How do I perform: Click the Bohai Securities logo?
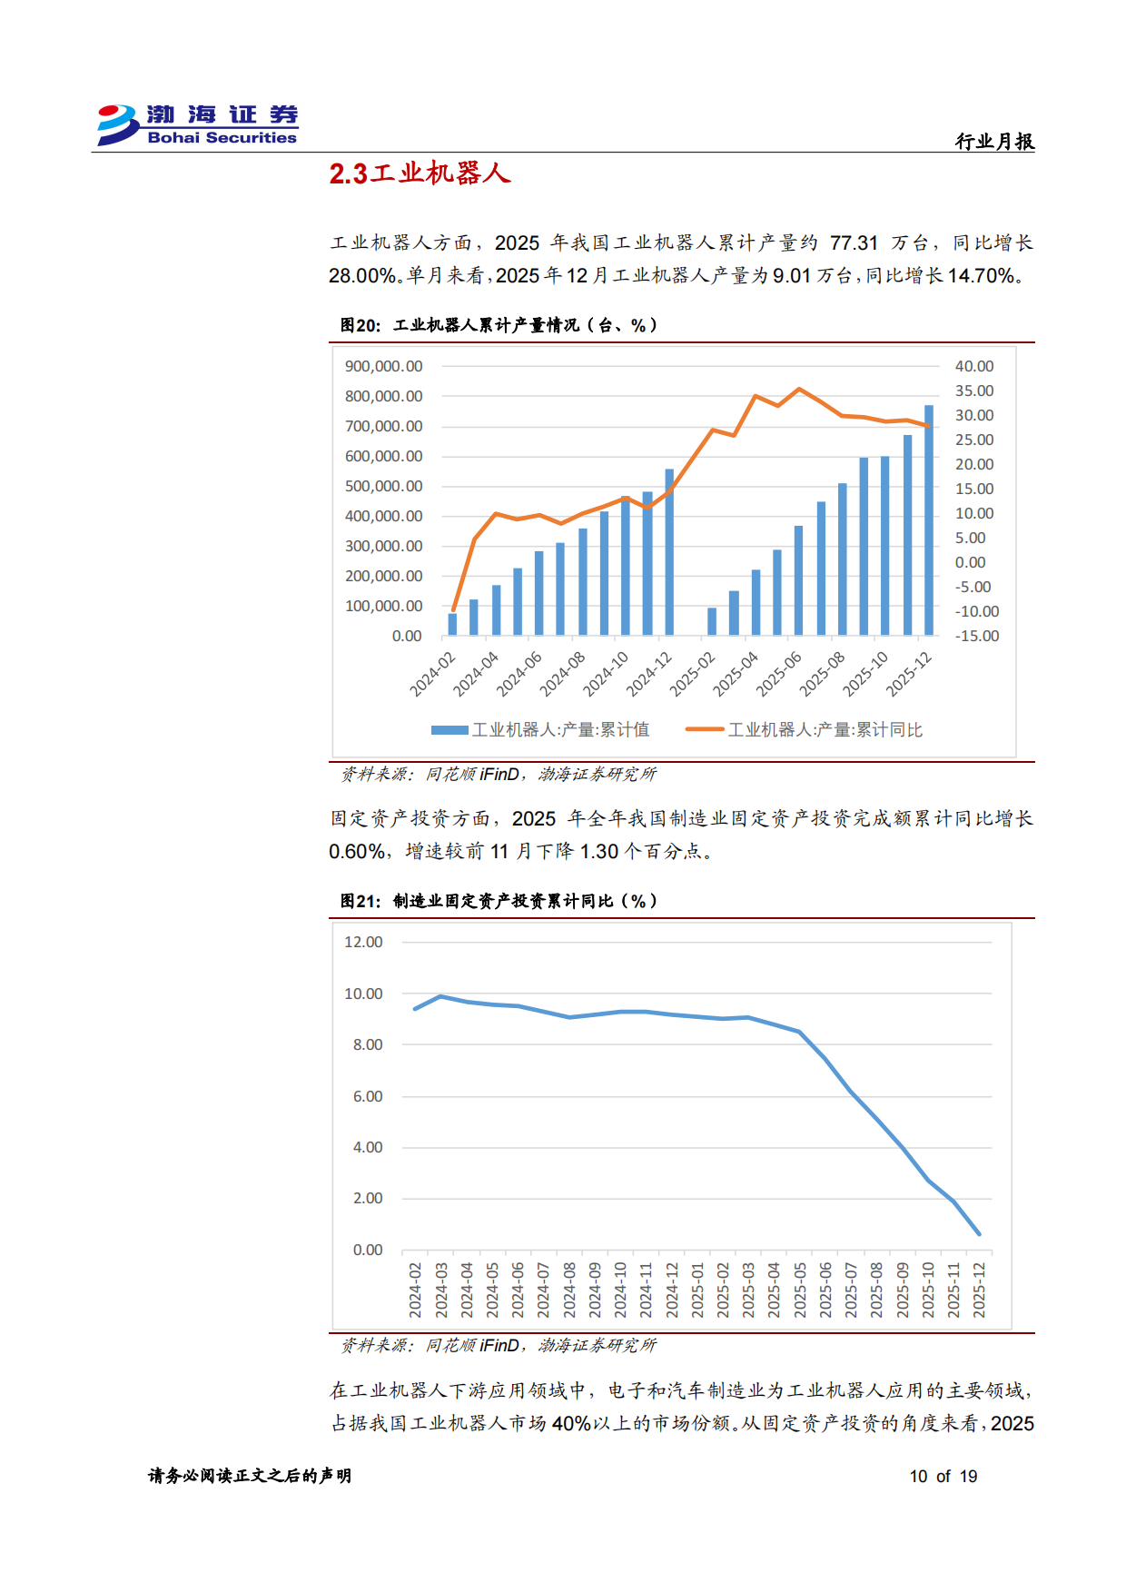[197, 124]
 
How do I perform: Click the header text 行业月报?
[994, 142]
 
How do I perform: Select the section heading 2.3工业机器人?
[420, 173]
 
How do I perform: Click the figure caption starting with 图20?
[499, 325]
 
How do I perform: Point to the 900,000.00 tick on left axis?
[383, 366]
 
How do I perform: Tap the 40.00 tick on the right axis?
[973, 366]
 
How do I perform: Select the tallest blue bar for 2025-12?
[928, 519]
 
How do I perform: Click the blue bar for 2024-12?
[669, 551]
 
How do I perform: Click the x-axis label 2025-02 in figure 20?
[693, 674]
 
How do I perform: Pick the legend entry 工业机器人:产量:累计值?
[540, 729]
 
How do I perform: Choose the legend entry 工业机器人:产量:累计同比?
[805, 729]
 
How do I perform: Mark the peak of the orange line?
[799, 389]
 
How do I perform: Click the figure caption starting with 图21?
[499, 901]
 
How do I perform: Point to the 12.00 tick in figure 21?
[363, 942]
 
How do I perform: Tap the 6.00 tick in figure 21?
[368, 1096]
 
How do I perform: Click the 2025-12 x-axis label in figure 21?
[979, 1290]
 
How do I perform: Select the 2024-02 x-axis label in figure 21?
[415, 1290]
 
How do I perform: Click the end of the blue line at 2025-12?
[979, 1233]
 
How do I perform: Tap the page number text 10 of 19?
[943, 1476]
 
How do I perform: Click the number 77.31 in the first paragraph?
[854, 243]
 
